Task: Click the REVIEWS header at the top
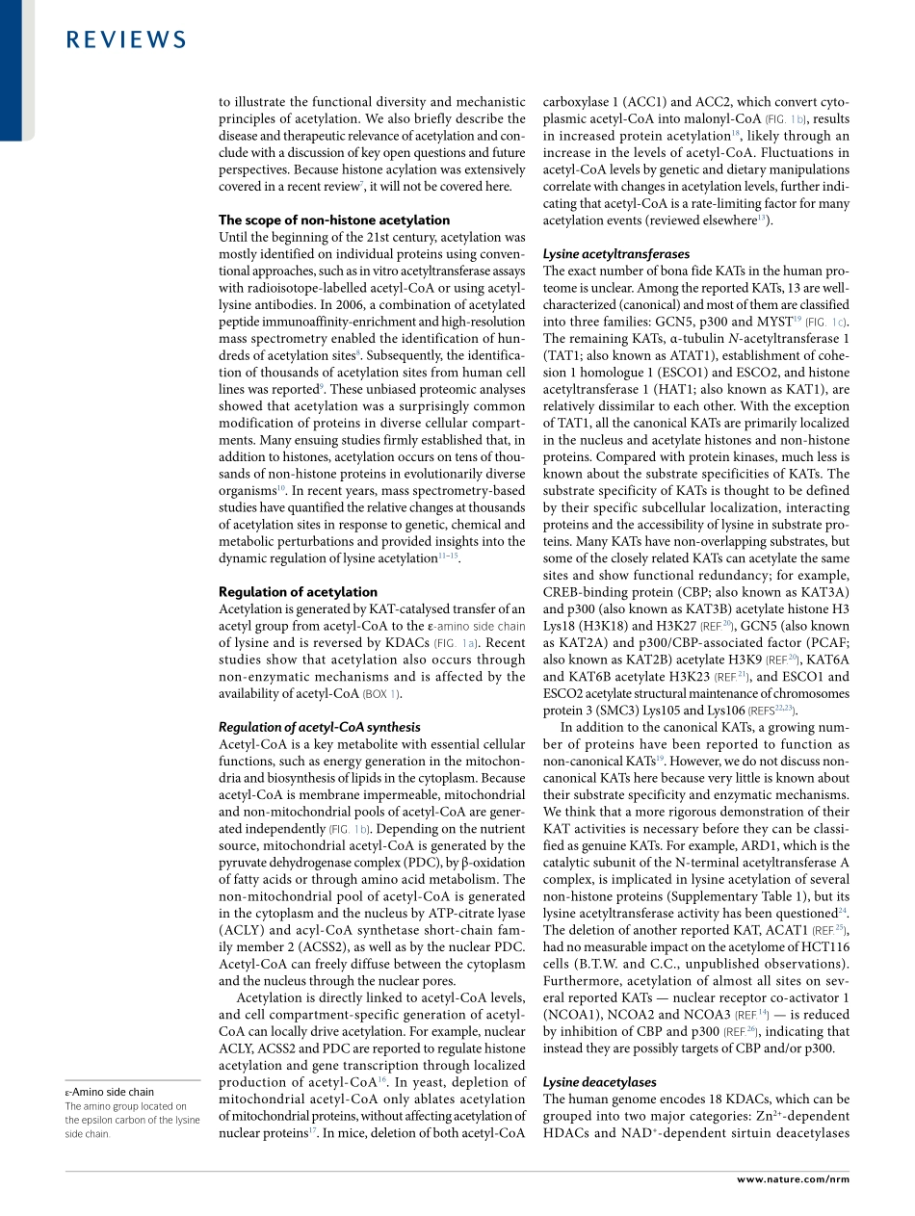point(127,39)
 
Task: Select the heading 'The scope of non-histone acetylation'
point(333,220)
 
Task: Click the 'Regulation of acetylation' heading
point(298,591)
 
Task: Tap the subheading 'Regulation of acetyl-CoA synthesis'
point(319,727)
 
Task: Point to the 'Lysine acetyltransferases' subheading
point(616,254)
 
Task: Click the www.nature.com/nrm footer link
point(793,1178)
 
